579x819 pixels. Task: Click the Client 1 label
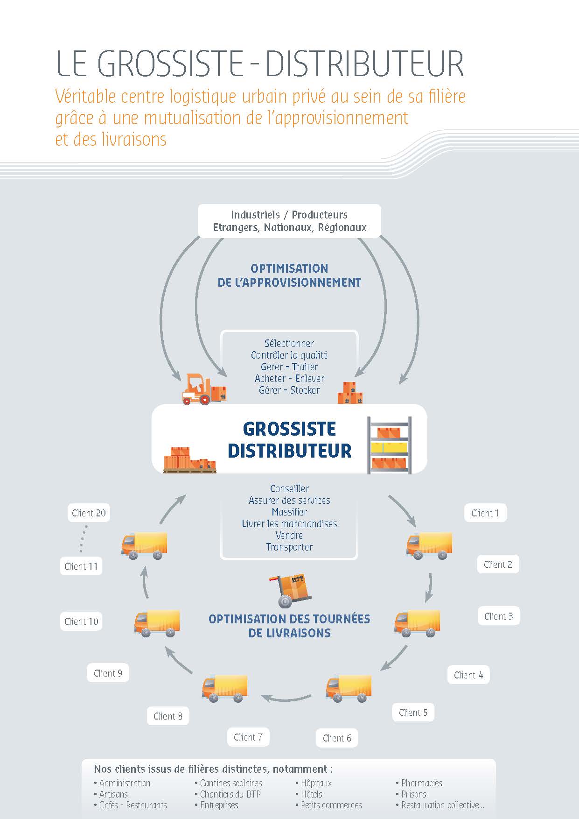click(x=485, y=513)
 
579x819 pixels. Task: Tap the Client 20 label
click(x=89, y=513)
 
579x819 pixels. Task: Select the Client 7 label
click(x=248, y=737)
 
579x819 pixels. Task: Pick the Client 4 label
click(x=468, y=675)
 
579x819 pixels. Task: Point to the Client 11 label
click(x=81, y=566)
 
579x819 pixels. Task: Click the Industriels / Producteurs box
click(x=290, y=221)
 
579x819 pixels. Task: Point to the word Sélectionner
click(x=289, y=344)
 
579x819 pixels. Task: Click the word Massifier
click(x=289, y=512)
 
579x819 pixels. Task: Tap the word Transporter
click(x=289, y=547)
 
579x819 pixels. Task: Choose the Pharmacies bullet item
click(x=419, y=783)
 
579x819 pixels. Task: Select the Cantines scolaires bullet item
click(x=228, y=783)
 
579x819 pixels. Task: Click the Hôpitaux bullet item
click(x=314, y=783)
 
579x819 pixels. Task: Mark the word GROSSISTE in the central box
click(x=289, y=429)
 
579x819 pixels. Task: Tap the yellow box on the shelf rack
click(x=389, y=447)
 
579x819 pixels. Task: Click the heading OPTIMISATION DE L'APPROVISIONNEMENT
click(x=289, y=275)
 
